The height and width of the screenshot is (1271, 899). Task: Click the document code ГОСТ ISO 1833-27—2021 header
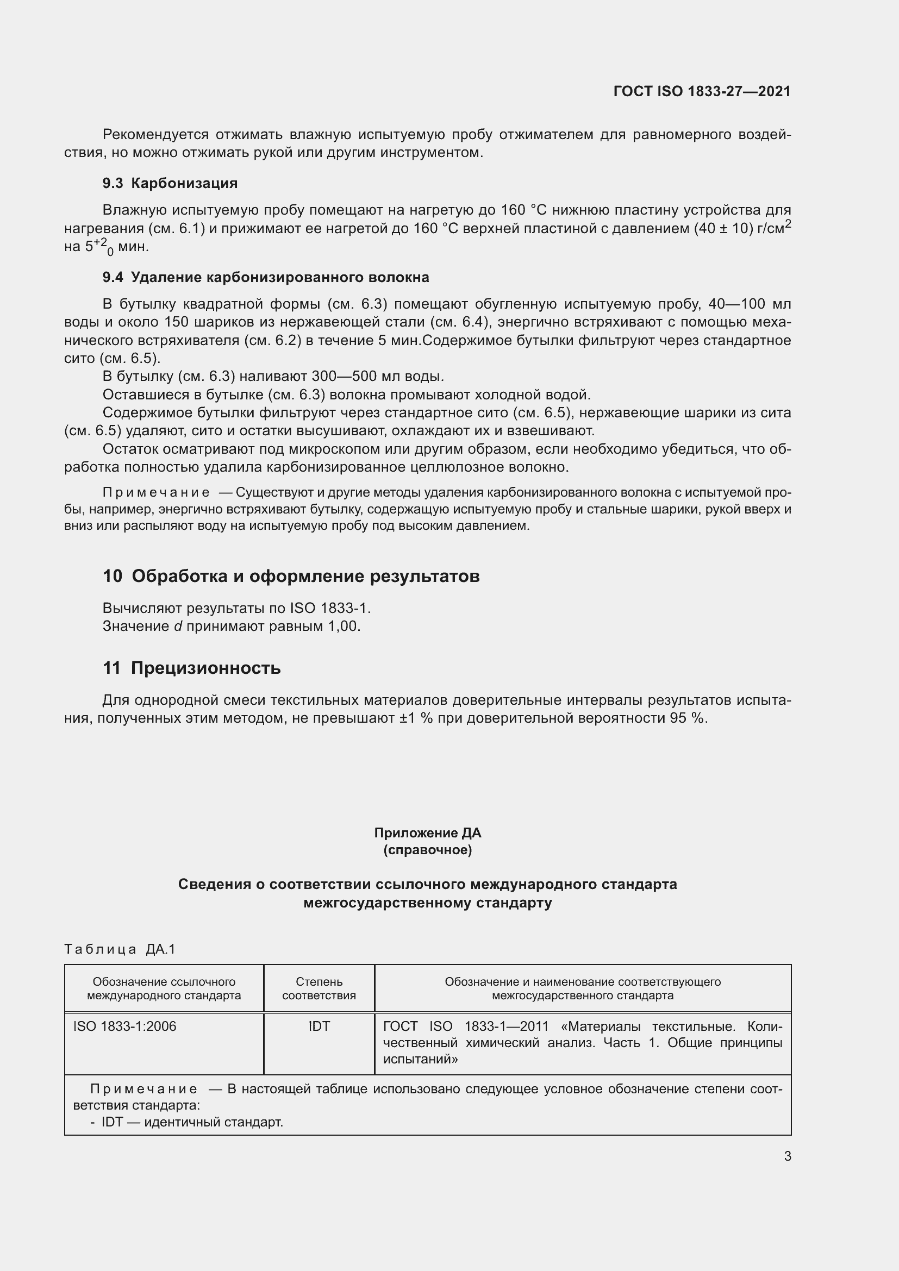[x=701, y=91]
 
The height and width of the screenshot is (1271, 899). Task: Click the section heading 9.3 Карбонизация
[x=170, y=183]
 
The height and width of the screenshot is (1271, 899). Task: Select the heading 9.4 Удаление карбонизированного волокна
[x=266, y=277]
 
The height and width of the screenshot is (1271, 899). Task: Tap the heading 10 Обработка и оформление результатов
[x=291, y=576]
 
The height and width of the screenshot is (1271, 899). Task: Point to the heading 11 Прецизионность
[x=191, y=668]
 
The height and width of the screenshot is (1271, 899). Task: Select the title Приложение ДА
[x=427, y=832]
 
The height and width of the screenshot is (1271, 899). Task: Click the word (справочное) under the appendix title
[x=427, y=850]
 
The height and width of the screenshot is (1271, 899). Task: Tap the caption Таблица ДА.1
[x=120, y=949]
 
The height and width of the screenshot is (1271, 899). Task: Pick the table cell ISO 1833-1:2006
[x=124, y=1026]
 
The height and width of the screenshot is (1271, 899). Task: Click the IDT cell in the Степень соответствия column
[x=319, y=1026]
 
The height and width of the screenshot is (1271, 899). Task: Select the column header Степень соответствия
[x=319, y=988]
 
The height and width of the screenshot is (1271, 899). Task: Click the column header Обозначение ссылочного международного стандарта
[x=164, y=988]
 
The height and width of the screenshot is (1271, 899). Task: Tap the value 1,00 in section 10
[x=344, y=626]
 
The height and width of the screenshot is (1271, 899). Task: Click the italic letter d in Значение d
[x=178, y=626]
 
